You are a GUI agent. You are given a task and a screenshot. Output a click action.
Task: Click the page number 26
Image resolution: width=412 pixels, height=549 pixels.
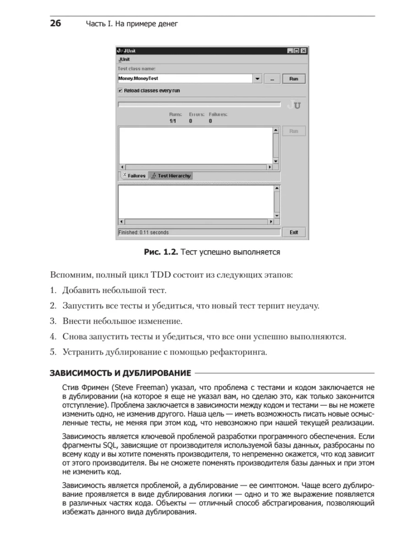pos(55,24)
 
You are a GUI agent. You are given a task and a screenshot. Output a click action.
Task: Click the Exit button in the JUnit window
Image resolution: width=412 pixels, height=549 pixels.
pos(293,232)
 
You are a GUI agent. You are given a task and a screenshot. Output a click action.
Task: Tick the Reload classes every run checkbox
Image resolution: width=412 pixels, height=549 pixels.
pos(120,91)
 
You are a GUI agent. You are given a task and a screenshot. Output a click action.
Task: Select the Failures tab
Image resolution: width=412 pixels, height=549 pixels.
pos(134,176)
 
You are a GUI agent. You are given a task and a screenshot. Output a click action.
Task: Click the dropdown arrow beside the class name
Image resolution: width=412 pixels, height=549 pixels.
pos(257,79)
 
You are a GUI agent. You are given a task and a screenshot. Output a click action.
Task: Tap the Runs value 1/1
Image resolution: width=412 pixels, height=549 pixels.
pos(173,121)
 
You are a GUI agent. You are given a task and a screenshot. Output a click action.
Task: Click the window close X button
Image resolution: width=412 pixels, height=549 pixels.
pos(304,51)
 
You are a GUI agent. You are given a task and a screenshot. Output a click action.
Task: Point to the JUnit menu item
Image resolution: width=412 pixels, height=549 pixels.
pos(124,59)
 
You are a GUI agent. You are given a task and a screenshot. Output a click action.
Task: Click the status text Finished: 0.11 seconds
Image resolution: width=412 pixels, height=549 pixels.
pos(144,232)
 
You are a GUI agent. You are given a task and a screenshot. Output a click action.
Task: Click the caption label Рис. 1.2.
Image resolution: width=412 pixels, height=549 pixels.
pos(160,252)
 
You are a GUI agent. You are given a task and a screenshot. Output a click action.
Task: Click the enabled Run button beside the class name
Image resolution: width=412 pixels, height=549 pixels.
pos(293,79)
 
